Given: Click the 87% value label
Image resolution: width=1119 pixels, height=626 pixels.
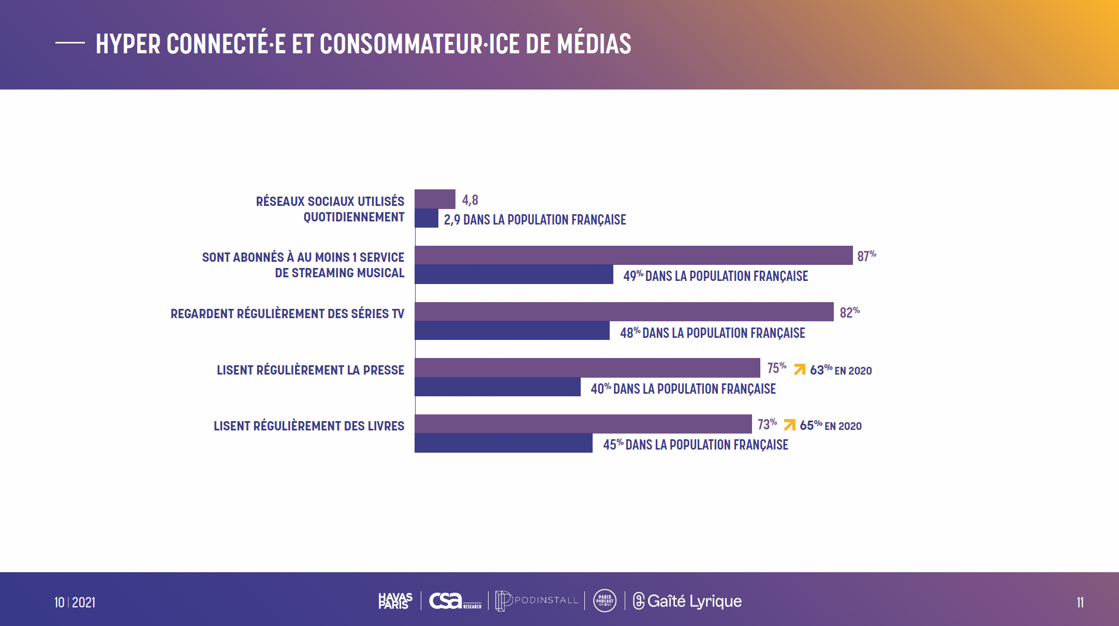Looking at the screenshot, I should tap(866, 256).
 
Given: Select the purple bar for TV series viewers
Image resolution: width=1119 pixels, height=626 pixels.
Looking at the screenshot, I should tap(624, 311).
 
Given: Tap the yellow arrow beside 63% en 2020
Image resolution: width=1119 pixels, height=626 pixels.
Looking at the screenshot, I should tap(800, 369).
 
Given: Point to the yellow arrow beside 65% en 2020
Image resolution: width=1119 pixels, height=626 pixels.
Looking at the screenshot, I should tap(789, 425).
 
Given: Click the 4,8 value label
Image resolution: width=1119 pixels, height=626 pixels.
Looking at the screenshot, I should tap(470, 200).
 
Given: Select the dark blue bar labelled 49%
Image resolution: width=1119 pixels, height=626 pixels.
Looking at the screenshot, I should tap(513, 275).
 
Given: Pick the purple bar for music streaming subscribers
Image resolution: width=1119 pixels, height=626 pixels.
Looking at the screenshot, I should tap(633, 256).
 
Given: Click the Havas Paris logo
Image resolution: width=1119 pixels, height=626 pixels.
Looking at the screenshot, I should tap(395, 601).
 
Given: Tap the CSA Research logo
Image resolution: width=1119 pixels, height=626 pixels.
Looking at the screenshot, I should tap(454, 601).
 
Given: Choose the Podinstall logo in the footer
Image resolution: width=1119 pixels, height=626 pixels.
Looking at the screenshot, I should tap(536, 601).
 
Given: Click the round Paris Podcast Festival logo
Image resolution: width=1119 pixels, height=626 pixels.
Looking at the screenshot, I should tap(605, 601).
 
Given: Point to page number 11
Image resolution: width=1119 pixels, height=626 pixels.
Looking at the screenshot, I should tap(1080, 602).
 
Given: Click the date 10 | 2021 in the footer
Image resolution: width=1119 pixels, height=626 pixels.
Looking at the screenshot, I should tap(75, 602).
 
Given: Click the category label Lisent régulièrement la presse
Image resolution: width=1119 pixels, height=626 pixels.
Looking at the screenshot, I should tap(310, 370).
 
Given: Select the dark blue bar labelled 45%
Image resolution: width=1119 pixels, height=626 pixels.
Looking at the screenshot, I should tap(503, 443).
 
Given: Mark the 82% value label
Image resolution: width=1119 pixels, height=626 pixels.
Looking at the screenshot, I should tap(849, 312).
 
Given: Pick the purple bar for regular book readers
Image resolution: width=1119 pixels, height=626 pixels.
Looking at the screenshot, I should tap(583, 424).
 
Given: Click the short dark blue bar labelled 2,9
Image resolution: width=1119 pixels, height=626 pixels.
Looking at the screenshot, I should tap(426, 218).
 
